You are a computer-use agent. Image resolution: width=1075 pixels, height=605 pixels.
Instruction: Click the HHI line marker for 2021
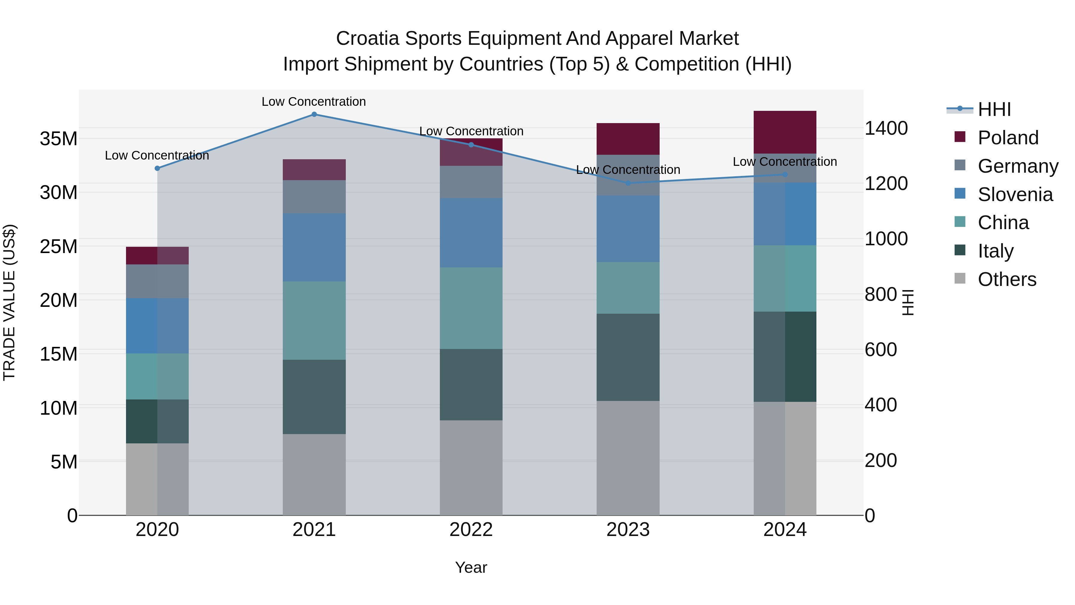point(314,114)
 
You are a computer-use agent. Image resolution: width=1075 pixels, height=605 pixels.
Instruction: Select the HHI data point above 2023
point(628,183)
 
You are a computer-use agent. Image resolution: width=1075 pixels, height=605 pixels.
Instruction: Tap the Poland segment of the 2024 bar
point(784,132)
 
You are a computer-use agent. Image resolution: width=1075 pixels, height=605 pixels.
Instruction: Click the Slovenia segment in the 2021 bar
point(314,247)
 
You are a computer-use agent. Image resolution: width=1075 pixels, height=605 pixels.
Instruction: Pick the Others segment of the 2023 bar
point(628,458)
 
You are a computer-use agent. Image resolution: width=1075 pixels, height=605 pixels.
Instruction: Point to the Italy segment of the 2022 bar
point(471,385)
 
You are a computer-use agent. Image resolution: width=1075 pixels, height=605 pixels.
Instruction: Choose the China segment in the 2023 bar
point(628,288)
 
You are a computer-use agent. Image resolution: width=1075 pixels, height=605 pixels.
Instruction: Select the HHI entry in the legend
point(994,109)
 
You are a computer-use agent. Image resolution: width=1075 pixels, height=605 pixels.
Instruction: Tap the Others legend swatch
point(960,278)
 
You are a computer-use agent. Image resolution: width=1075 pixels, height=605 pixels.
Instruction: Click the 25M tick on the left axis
point(59,246)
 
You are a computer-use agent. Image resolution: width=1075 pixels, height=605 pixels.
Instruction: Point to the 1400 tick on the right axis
point(886,128)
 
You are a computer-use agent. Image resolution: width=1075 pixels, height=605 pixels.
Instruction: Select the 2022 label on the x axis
point(471,530)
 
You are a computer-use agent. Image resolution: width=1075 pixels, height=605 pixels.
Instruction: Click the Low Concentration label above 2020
point(157,155)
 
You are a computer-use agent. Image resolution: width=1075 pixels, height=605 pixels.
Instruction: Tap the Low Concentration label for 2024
point(784,162)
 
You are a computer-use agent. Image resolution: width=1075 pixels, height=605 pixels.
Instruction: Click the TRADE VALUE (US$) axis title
point(9,302)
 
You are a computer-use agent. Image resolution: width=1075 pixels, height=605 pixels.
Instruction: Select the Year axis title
point(471,567)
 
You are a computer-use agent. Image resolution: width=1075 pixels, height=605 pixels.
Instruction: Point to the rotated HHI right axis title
point(908,302)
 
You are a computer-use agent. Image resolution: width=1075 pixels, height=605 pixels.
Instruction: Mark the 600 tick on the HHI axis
point(881,350)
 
